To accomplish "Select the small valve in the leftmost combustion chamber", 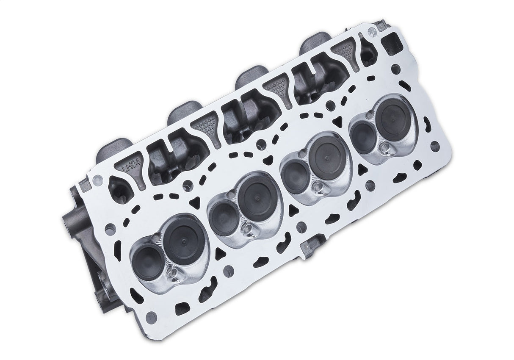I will (145, 259).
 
